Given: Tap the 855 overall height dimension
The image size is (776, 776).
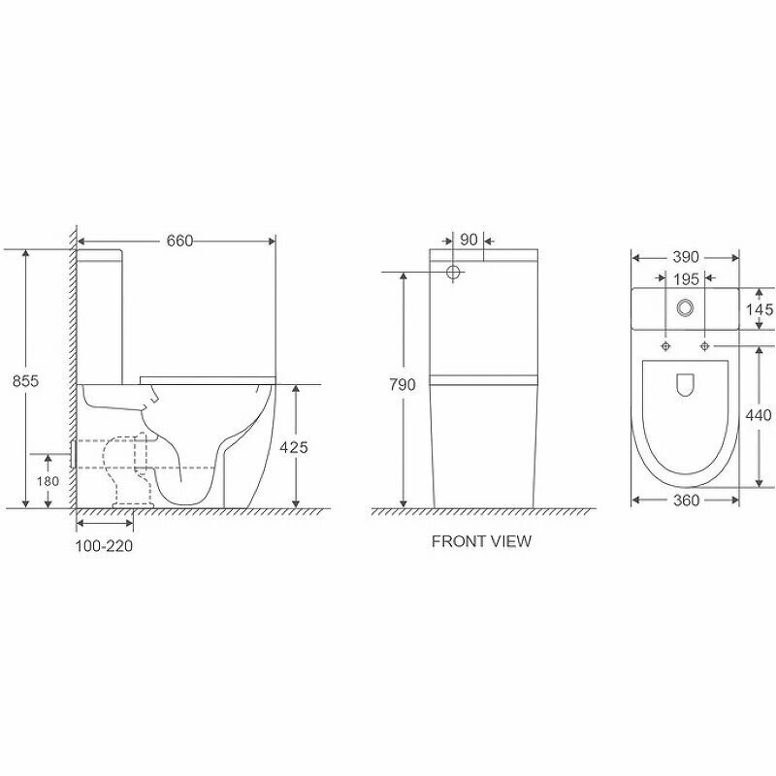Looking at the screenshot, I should (x=26, y=381).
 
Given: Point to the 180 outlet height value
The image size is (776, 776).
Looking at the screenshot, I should (x=48, y=481).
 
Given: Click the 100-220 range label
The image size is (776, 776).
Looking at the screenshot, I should (x=104, y=546).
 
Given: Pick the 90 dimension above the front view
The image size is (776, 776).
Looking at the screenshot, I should (x=469, y=240).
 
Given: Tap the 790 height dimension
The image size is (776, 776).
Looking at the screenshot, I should (x=402, y=385).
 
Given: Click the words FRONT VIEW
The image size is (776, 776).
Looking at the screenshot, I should (x=481, y=541).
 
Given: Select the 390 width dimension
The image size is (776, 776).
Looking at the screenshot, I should (x=686, y=257).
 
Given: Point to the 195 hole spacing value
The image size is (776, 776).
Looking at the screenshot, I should (x=686, y=278).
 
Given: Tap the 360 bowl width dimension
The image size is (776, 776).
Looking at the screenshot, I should (x=686, y=500).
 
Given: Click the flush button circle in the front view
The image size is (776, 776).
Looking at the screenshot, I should (x=451, y=273).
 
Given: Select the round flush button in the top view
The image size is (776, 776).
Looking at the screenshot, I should (x=686, y=308).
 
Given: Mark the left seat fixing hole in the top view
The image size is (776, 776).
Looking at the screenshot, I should (x=666, y=346).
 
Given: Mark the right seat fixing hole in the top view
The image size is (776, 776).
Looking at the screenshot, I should (x=703, y=346).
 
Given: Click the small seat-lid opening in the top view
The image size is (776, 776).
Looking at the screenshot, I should (x=685, y=385).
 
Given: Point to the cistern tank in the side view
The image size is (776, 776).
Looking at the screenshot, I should (x=100, y=315).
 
